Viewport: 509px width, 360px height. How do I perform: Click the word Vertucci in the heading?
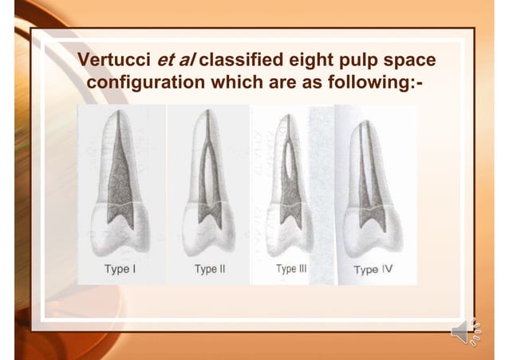click(113, 61)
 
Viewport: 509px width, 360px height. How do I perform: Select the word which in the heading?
click(236, 83)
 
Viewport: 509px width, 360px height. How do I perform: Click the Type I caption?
click(120, 269)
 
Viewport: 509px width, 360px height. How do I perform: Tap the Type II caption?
click(210, 269)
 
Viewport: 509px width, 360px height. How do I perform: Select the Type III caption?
click(291, 269)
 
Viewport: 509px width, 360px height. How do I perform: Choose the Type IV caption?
click(373, 270)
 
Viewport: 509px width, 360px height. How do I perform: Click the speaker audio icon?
click(466, 332)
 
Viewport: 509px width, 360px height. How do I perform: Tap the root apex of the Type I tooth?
click(120, 114)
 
